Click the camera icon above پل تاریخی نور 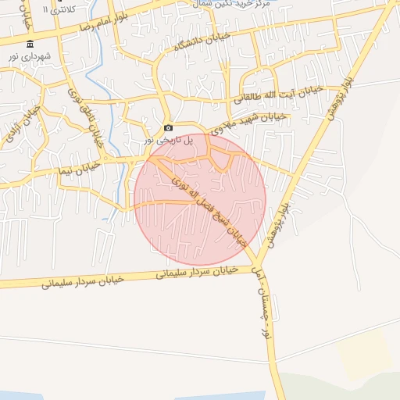point(168,128)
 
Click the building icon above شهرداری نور point(30,44)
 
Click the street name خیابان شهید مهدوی point(245,122)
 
